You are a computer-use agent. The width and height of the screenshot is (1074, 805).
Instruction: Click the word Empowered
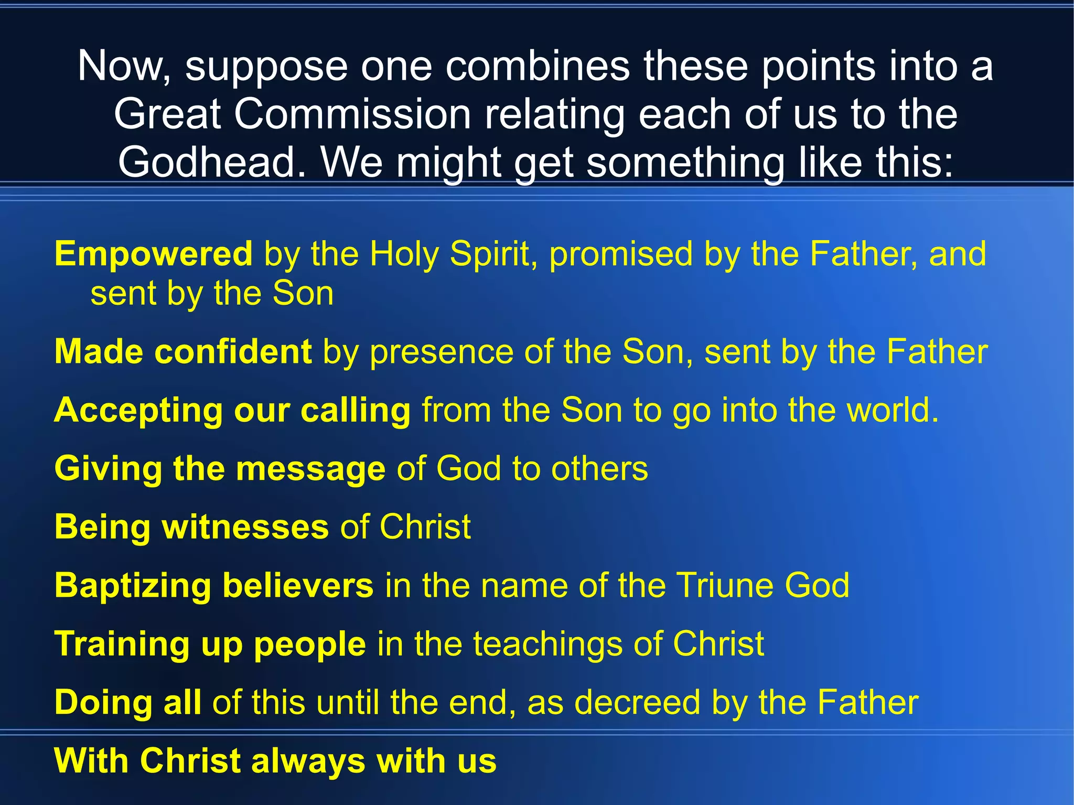coord(153,254)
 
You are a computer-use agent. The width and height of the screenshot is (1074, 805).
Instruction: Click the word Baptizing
coord(133,585)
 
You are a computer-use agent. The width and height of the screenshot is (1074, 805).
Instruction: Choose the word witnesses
coord(245,527)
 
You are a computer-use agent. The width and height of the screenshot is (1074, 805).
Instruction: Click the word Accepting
coord(138,411)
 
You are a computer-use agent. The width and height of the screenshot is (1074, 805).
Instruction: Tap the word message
coord(310,469)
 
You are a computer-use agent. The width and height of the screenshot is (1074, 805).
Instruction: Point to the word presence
coord(442,352)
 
